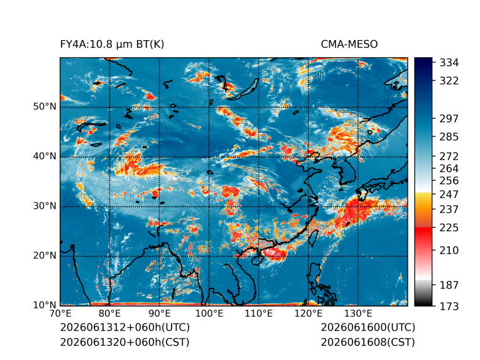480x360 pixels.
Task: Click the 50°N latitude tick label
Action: click(x=45, y=107)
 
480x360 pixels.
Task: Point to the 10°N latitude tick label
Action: click(x=45, y=305)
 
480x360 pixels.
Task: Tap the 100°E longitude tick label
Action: click(x=209, y=314)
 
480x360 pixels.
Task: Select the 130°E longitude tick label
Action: click(x=358, y=314)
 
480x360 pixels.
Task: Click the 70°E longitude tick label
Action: click(x=60, y=314)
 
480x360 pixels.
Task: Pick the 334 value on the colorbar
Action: click(x=449, y=63)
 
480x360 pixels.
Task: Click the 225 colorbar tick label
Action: click(x=449, y=228)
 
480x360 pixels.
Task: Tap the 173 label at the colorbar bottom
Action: click(x=449, y=306)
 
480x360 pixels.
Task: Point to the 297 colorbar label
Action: click(x=449, y=119)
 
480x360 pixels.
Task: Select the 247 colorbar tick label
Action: click(x=449, y=194)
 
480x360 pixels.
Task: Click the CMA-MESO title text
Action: click(x=349, y=45)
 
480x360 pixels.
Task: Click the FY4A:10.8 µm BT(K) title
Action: click(x=112, y=45)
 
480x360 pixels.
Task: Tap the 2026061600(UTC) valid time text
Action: click(x=368, y=327)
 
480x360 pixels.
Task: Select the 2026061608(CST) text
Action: click(x=368, y=342)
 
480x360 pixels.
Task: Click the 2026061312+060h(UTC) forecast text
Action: click(x=125, y=327)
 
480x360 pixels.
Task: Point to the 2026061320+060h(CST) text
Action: click(x=125, y=342)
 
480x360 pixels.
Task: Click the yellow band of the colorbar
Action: click(x=423, y=199)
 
